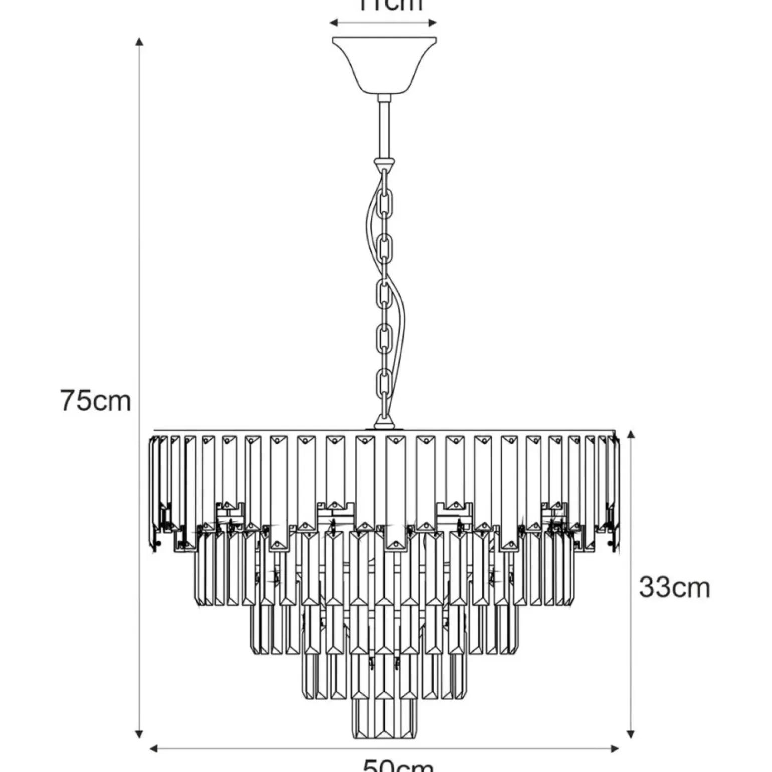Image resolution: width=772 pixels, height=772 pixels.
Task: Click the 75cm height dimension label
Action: pos(95,401)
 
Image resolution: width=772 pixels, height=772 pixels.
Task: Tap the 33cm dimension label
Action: pos(674,587)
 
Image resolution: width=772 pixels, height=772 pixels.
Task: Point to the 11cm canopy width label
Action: pos(391,5)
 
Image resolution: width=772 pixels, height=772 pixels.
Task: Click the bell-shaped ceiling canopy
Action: pos(384,65)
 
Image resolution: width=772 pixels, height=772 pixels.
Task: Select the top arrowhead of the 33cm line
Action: pos(631,434)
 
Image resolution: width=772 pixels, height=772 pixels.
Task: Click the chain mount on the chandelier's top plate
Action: pos(384,425)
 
